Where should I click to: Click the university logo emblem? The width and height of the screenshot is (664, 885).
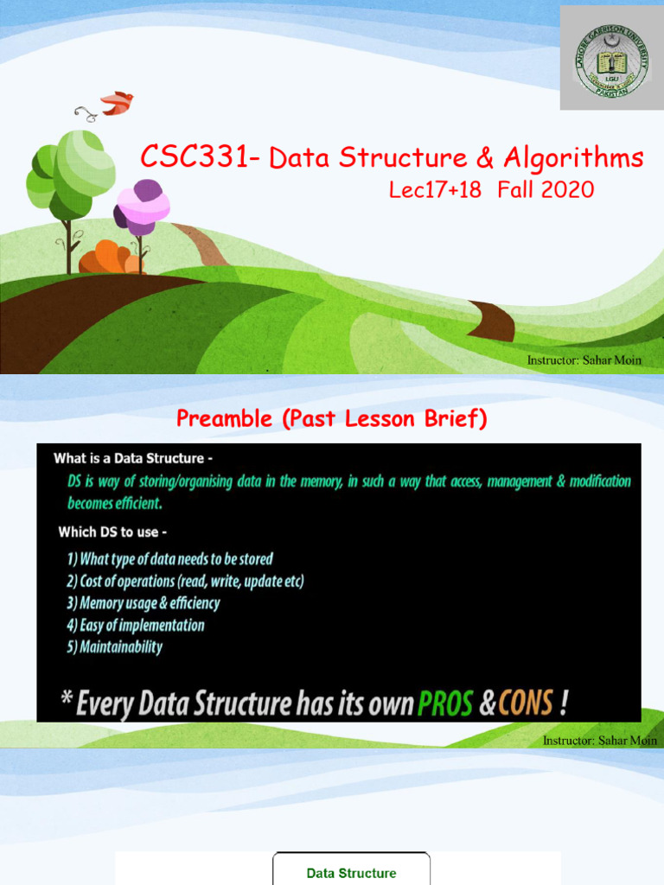point(612,58)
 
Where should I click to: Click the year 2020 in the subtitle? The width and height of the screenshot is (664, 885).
point(568,190)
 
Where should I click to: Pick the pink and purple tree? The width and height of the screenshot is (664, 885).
point(143,207)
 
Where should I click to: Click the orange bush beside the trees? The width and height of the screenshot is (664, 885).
point(108,258)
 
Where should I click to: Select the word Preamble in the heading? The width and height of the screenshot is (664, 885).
point(221,419)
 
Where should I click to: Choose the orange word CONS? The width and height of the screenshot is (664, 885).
point(526,704)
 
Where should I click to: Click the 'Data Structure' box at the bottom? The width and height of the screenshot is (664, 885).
point(351,873)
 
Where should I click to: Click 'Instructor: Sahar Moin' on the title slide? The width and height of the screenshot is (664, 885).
point(584,360)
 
